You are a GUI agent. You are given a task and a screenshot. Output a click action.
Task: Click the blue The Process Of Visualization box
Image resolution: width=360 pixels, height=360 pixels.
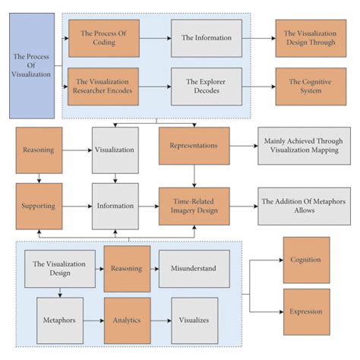[31, 65]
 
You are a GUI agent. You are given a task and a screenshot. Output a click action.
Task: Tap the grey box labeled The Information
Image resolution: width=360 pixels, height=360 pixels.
[207, 39]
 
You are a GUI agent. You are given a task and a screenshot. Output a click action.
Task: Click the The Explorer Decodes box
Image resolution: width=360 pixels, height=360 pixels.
[207, 85]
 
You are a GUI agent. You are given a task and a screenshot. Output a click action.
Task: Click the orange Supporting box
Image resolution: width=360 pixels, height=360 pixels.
[39, 205]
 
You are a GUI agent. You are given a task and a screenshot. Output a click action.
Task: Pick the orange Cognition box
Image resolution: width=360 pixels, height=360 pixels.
[306, 260]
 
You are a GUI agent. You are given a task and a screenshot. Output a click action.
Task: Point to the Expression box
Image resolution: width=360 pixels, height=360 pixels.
[306, 311]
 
